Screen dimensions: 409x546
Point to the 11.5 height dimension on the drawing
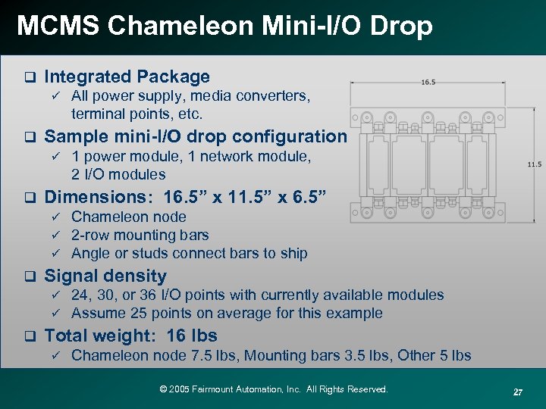tap(534, 164)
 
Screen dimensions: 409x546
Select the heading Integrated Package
tap(127, 76)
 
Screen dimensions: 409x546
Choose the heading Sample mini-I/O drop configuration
tap(195, 136)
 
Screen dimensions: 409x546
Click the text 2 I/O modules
tap(118, 174)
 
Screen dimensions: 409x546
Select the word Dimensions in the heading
tap(96, 197)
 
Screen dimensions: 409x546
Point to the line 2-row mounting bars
tap(140, 235)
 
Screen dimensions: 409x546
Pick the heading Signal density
tap(105, 276)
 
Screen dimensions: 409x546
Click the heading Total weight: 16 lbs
tap(130, 336)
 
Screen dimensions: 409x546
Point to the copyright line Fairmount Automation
tap(274, 389)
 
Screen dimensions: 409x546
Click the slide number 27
tap(518, 392)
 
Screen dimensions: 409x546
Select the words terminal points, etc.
tap(136, 114)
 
